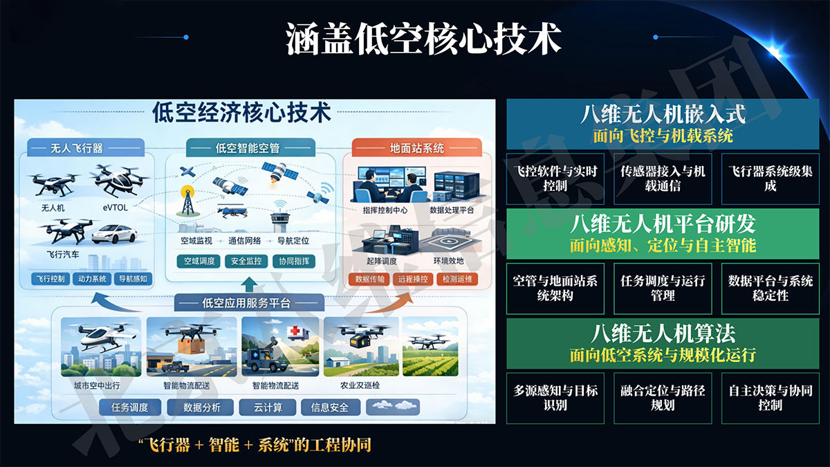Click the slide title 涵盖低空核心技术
[x=423, y=39]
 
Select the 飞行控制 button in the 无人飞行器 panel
[x=50, y=279]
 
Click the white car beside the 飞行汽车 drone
[x=115, y=234]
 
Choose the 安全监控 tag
[x=247, y=262]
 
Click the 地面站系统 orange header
[x=416, y=148]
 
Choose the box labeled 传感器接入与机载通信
[x=663, y=178]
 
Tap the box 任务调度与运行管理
[x=663, y=288]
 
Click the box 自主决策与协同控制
[x=770, y=397]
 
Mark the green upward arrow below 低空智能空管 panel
[x=250, y=285]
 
